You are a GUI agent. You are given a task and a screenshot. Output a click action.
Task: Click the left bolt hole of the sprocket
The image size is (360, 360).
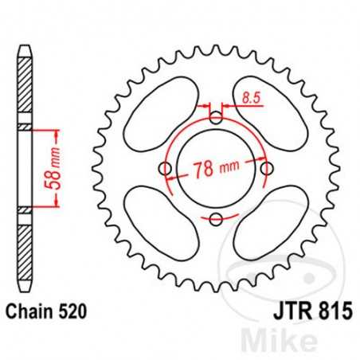165,168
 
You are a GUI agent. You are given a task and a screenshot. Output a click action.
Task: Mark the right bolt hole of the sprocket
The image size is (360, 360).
267,168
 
